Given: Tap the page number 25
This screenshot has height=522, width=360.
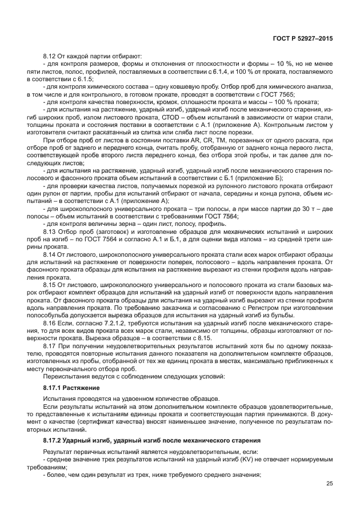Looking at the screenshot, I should pos(329,484).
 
